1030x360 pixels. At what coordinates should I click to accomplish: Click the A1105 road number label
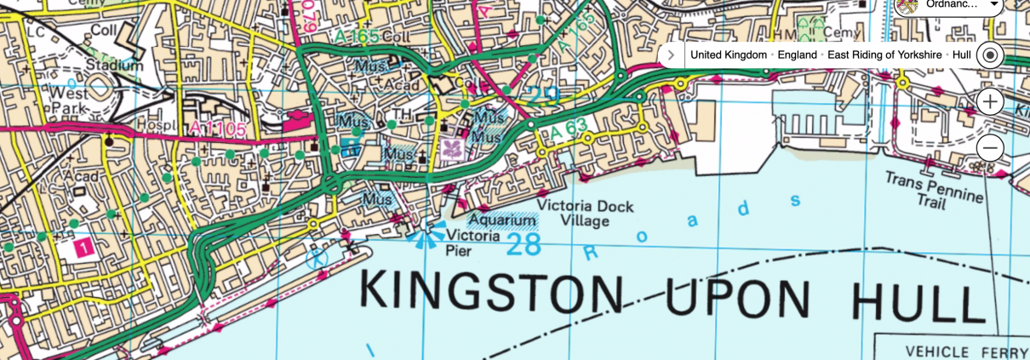(x=219, y=129)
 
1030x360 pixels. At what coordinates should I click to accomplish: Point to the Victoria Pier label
(x=472, y=243)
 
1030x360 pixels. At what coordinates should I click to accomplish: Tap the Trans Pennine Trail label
(x=933, y=187)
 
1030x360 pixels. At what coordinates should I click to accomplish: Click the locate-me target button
(x=989, y=55)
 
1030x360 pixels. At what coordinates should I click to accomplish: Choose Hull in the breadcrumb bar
(x=961, y=55)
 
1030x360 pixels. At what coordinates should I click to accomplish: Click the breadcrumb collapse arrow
(x=671, y=55)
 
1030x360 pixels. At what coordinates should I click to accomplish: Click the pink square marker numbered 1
(x=83, y=248)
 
